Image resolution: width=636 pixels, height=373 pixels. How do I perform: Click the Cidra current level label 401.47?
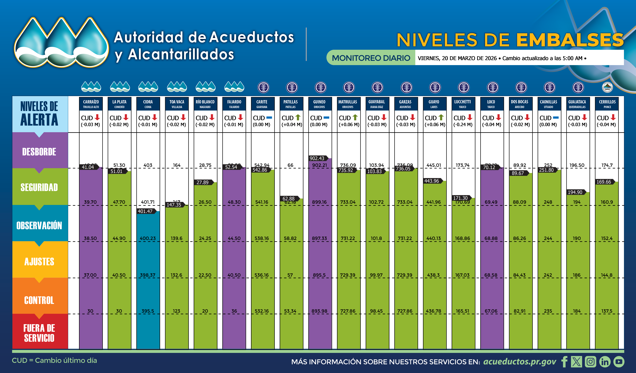[145, 211]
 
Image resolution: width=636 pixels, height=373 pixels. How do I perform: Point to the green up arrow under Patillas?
[298, 117]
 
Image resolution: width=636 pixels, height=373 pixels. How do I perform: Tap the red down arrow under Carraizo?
[97, 117]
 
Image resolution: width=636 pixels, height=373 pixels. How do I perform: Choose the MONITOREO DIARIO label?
[371, 58]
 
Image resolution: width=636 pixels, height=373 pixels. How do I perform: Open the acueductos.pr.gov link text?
[519, 362]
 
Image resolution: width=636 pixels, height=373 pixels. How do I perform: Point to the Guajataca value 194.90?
[575, 192]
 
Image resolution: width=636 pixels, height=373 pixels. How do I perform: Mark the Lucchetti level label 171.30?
[460, 198]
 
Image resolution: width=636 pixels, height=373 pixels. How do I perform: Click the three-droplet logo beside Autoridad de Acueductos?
[61, 42]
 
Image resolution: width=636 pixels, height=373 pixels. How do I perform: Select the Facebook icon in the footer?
[564, 362]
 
